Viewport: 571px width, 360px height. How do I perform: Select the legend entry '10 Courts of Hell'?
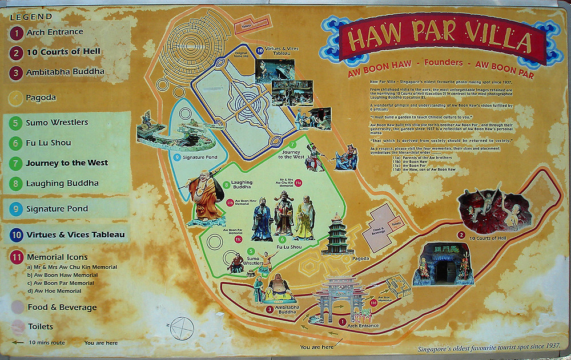pyautogui.click(x=63, y=52)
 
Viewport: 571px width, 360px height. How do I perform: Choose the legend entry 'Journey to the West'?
pyautogui.click(x=67, y=163)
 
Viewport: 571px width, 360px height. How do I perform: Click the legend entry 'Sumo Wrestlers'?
pyautogui.click(x=57, y=123)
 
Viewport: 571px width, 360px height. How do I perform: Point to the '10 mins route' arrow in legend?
pyautogui.click(x=18, y=343)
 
